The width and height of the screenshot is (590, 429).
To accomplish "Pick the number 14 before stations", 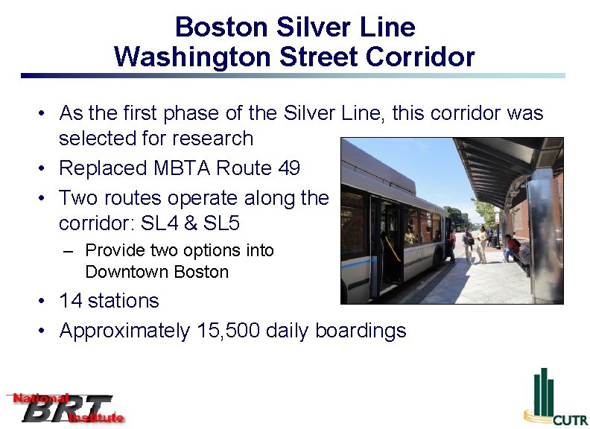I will (70, 301).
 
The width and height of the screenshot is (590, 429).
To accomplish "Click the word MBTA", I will (184, 168).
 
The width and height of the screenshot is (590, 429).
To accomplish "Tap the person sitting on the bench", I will (511, 246).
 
